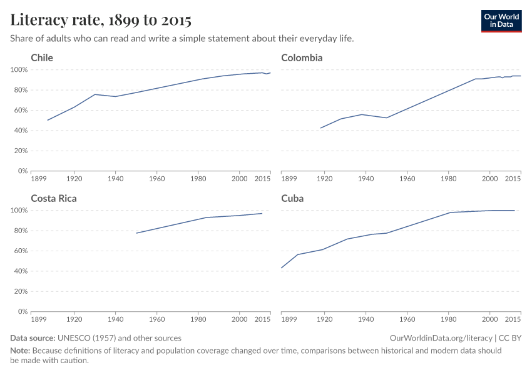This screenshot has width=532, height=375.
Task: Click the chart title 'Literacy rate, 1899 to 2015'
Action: pyautogui.click(x=101, y=20)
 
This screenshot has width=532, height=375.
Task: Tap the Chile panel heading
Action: pyautogui.click(x=42, y=58)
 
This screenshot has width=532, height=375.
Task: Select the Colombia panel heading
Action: pyautogui.click(x=302, y=58)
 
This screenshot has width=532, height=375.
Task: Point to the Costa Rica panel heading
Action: pyautogui.click(x=54, y=199)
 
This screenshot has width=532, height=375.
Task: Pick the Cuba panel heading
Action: pyautogui.click(x=292, y=199)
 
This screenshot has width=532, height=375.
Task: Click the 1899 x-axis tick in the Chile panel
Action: pyautogui.click(x=39, y=179)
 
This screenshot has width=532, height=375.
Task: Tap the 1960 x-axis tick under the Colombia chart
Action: pyautogui.click(x=407, y=179)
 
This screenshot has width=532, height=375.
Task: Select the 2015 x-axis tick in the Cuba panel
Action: pyautogui.click(x=513, y=319)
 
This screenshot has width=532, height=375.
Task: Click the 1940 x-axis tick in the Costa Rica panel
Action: pyautogui.click(x=115, y=319)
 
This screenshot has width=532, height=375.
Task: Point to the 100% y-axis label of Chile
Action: pyautogui.click(x=19, y=69)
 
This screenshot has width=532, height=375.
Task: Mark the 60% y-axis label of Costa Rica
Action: pyautogui.click(x=21, y=251)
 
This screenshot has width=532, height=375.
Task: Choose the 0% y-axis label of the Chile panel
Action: pyautogui.click(x=23, y=171)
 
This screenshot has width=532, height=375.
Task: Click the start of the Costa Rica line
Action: pyautogui.click(x=136, y=233)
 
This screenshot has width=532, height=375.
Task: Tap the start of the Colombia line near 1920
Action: pyautogui.click(x=320, y=128)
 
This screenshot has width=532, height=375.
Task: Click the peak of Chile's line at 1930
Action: pyautogui.click(x=95, y=94)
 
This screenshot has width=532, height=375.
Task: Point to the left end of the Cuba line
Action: pyautogui.click(x=282, y=267)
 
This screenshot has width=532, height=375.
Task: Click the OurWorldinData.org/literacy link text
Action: pyautogui.click(x=441, y=338)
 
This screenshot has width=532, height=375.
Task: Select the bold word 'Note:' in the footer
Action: pyautogui.click(x=21, y=351)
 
